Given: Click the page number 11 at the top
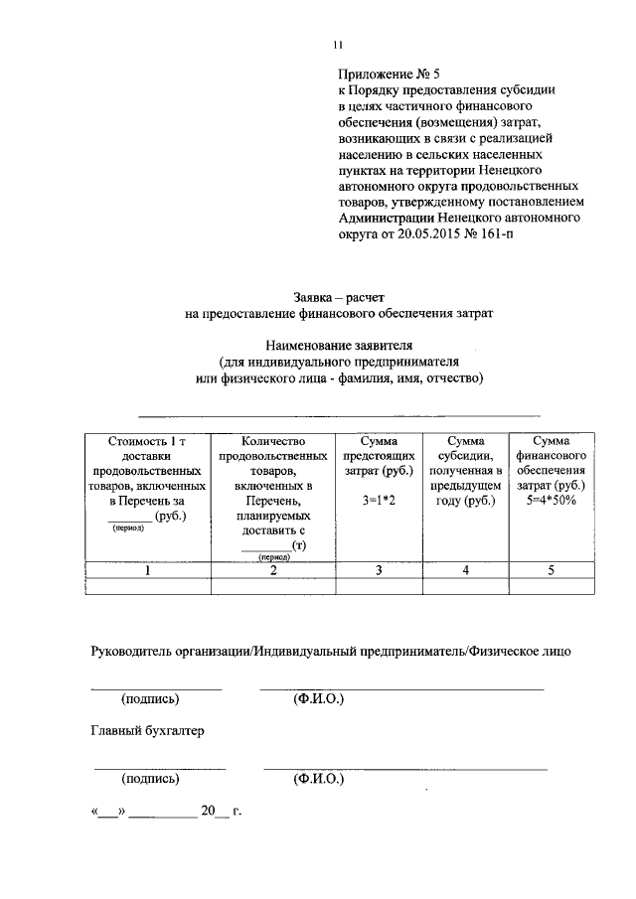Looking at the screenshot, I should (338, 43).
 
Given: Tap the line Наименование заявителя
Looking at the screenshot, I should (338, 344).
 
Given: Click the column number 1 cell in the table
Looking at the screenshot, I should (148, 570).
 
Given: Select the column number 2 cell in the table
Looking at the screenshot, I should (273, 570).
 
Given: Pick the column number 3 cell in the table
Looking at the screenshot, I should (379, 570).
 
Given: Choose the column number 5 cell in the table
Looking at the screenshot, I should (552, 570).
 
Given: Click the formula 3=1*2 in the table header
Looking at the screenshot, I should (379, 501).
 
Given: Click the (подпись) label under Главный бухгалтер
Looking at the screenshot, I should (151, 780).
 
